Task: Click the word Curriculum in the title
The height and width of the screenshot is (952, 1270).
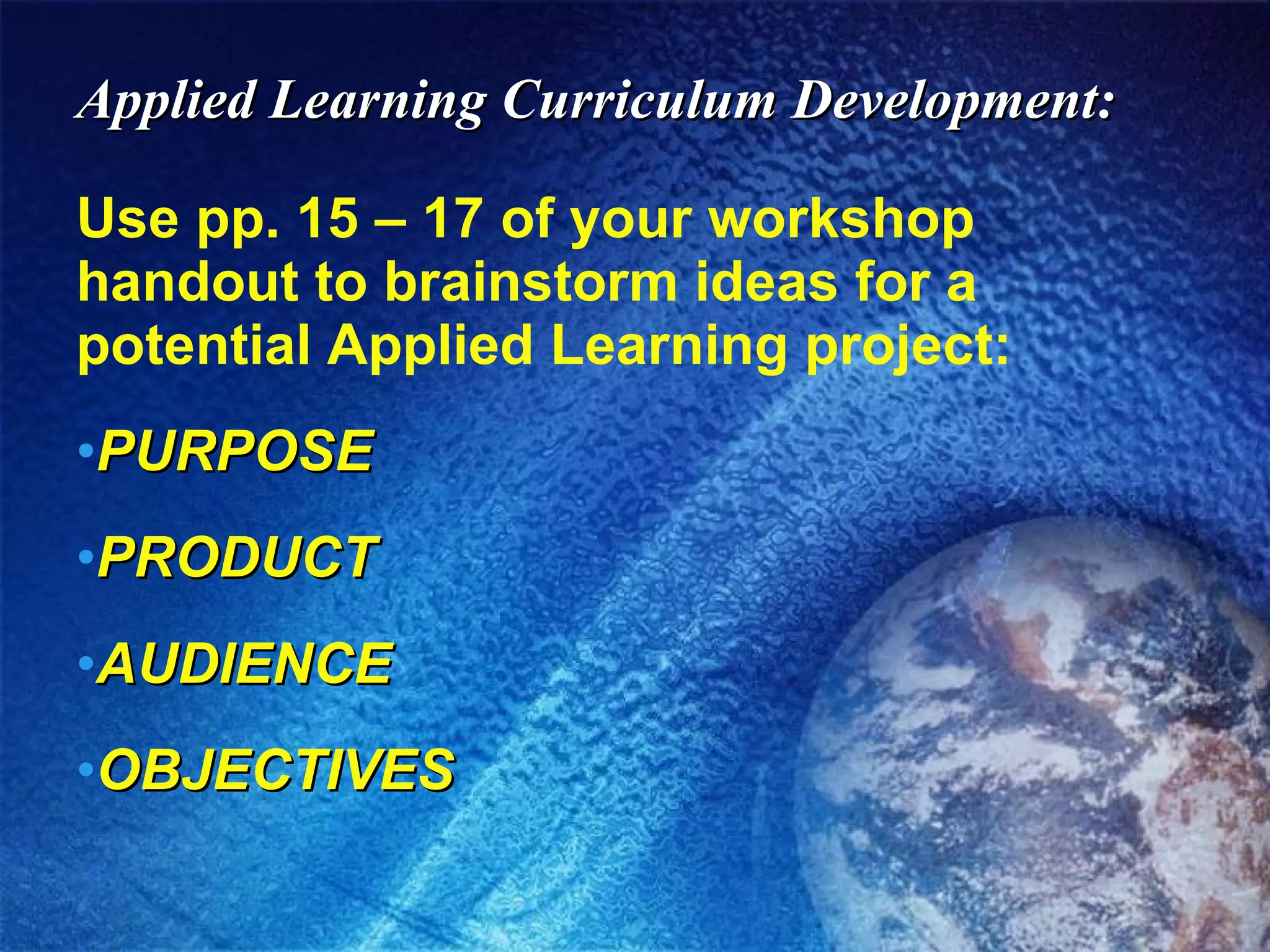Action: (x=638, y=101)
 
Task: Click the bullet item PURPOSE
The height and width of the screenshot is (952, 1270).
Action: (x=236, y=451)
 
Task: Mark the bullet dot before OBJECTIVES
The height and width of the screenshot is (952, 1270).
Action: (x=87, y=769)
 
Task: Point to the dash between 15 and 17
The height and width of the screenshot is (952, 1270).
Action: (x=390, y=221)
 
